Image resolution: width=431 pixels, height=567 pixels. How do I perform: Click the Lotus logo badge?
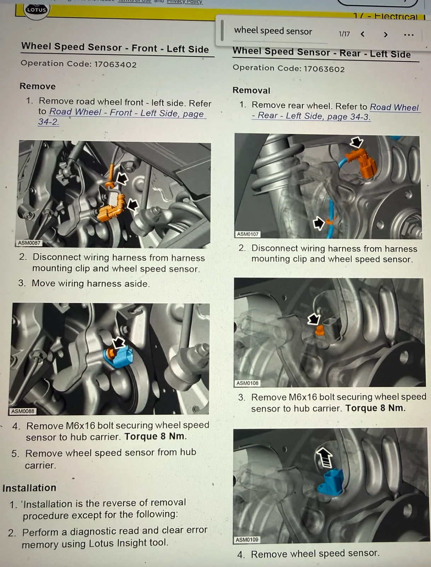pyautogui.click(x=36, y=11)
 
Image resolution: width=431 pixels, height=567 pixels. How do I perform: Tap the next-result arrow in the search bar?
pyautogui.click(x=386, y=35)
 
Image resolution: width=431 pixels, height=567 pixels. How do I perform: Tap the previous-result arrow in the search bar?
pyautogui.click(x=363, y=34)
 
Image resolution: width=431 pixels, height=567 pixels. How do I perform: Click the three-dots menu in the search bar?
pyautogui.click(x=409, y=35)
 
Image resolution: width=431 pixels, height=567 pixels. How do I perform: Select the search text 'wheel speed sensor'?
pyautogui.click(x=273, y=31)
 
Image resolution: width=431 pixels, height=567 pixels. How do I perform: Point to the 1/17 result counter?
pyautogui.click(x=344, y=34)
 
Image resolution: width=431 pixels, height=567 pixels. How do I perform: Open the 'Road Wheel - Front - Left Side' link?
pyautogui.click(x=121, y=117)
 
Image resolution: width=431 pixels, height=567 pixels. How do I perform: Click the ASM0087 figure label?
pyautogui.click(x=29, y=243)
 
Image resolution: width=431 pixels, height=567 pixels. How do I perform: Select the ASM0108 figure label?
pyautogui.click(x=247, y=383)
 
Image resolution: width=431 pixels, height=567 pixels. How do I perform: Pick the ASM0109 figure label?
pyautogui.click(x=247, y=540)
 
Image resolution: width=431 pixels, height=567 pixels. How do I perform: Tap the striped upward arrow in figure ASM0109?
pyautogui.click(x=325, y=457)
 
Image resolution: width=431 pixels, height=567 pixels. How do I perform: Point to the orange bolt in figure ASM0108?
pyautogui.click(x=320, y=330)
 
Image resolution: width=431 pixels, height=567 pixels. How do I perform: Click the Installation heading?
pyautogui.click(x=29, y=488)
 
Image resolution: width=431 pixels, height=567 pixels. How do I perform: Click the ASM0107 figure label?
pyautogui.click(x=248, y=234)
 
